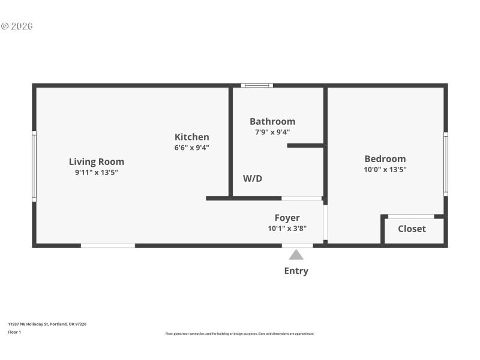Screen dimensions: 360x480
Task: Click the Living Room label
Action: click(x=97, y=161)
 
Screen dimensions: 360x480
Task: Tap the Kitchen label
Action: click(x=192, y=137)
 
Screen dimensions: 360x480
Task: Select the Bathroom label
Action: click(x=272, y=121)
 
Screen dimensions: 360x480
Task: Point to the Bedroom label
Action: click(x=385, y=159)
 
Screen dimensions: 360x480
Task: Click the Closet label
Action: click(x=412, y=229)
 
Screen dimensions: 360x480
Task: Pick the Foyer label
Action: click(x=287, y=218)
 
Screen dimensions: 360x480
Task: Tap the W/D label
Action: click(x=253, y=178)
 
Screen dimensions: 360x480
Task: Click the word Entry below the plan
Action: click(x=296, y=271)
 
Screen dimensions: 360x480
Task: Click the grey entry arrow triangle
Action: click(x=296, y=255)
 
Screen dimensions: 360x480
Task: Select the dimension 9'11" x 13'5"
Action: click(x=97, y=172)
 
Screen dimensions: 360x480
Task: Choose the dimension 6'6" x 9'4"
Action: click(x=192, y=148)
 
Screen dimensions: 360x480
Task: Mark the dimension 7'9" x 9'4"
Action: click(x=272, y=132)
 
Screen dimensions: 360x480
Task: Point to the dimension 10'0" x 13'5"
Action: click(x=385, y=169)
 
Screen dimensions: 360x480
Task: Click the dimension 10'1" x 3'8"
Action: click(x=287, y=229)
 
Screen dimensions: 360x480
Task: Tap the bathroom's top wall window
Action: click(x=257, y=85)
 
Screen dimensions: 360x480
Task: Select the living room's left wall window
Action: click(x=34, y=166)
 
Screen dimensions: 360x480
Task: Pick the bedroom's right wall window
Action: click(x=446, y=164)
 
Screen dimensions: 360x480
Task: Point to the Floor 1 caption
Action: click(x=14, y=332)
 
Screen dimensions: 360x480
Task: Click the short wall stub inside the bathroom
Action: click(x=305, y=145)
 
